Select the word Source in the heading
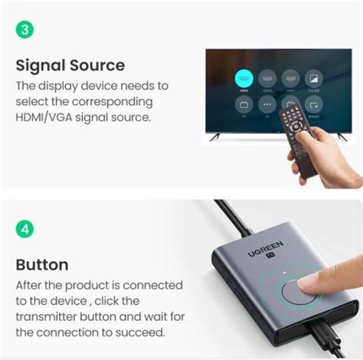(96, 65)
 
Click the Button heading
(42, 265)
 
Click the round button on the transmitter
(296, 294)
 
